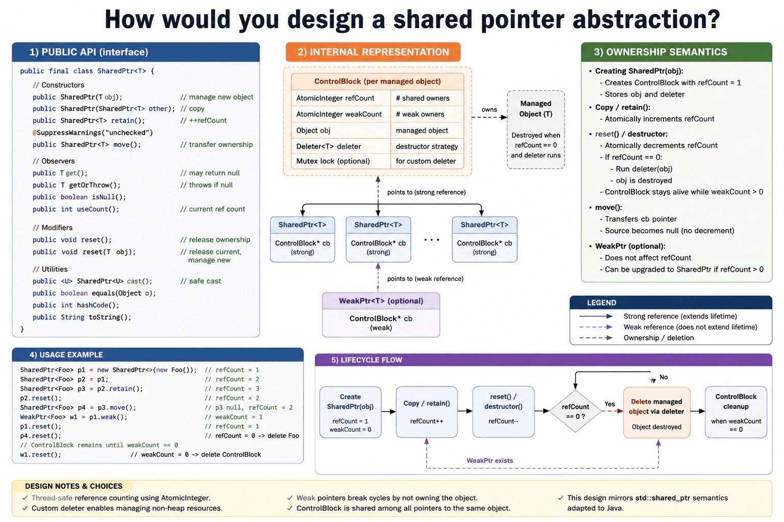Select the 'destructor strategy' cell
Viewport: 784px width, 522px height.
coord(427,146)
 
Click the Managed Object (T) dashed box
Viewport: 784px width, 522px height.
coord(535,129)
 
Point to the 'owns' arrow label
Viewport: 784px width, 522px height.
coord(489,110)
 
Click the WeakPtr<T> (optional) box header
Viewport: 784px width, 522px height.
coord(381,301)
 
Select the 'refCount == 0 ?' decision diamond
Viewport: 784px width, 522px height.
coord(575,411)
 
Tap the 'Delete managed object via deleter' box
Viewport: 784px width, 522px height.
coord(656,412)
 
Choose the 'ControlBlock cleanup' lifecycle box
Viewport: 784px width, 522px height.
coord(736,412)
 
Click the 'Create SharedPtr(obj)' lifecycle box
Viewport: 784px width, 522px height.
coord(350,412)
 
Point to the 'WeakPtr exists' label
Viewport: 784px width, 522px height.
coord(489,460)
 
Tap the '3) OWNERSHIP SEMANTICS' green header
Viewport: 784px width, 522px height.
coord(676,52)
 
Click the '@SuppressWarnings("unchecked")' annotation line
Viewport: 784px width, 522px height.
coord(93,133)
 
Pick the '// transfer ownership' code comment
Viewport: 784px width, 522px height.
coord(216,144)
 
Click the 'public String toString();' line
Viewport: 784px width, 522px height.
coord(82,317)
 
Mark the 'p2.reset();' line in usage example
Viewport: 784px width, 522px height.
coord(41,398)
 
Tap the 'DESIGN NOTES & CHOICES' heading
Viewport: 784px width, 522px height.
coord(73,486)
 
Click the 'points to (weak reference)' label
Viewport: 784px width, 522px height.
coord(425,279)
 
